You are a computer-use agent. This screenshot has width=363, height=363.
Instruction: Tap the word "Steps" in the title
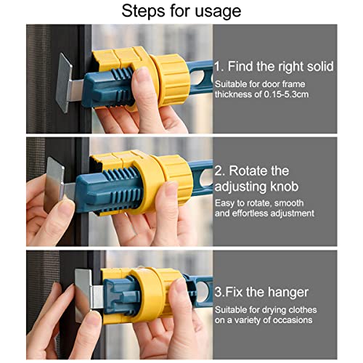click(x=143, y=11)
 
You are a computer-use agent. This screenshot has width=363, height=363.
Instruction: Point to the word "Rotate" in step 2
click(x=259, y=171)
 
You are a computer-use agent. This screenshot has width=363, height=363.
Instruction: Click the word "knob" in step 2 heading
click(x=285, y=187)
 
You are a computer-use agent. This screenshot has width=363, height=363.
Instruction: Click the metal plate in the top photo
click(x=64, y=83)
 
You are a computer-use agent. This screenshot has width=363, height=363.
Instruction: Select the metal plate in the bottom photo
click(x=83, y=295)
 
